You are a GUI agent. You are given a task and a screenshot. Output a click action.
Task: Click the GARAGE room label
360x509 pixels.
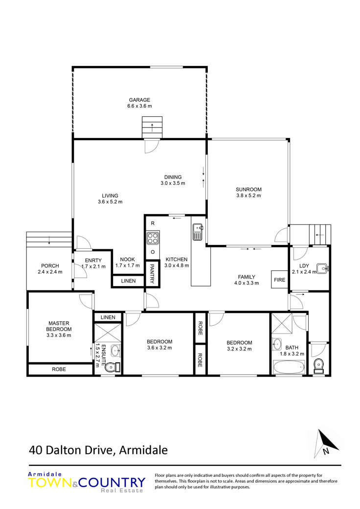click(139, 100)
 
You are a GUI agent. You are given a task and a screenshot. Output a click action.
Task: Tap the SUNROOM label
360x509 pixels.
click(248, 190)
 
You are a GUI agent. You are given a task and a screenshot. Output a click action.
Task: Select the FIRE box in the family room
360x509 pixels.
click(279, 280)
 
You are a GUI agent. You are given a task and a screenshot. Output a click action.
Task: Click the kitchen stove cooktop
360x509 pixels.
click(153, 238)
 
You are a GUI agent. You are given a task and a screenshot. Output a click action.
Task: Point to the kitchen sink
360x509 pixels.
click(198, 232)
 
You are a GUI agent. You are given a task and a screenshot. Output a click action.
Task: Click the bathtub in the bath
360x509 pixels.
click(289, 367)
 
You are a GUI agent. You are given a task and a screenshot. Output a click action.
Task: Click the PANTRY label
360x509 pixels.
click(152, 274)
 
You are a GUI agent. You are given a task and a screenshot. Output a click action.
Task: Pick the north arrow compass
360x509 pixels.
click(326, 443)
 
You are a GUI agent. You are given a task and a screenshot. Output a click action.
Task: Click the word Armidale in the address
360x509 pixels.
click(143, 450)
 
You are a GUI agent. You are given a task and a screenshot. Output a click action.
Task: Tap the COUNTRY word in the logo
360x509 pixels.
click(112, 483)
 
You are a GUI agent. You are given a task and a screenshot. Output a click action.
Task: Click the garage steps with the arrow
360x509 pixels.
click(152, 127)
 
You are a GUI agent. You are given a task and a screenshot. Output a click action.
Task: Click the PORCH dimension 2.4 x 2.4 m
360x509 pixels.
click(50, 272)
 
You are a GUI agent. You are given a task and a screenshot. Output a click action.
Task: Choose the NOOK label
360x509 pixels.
click(127, 259)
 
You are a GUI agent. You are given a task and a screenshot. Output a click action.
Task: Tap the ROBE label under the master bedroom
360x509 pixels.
click(59, 369)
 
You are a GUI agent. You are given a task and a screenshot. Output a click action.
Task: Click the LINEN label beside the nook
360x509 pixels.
click(128, 281)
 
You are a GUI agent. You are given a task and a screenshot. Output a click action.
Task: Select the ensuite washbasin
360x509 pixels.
click(115, 351)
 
